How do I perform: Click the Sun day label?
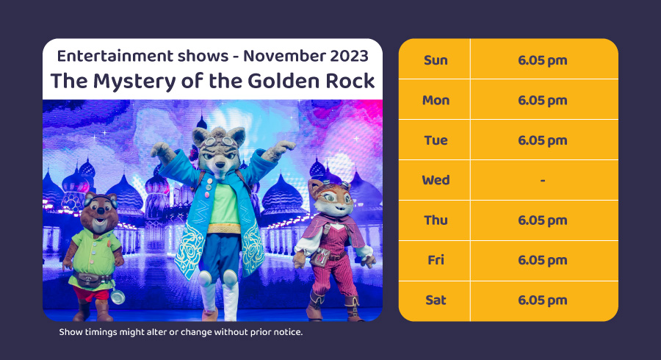(x=436, y=60)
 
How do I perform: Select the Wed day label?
(x=436, y=180)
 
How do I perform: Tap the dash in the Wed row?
(x=543, y=181)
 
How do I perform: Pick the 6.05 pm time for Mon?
(x=543, y=101)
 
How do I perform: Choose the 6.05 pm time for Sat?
(x=543, y=300)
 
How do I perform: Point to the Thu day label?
(x=436, y=220)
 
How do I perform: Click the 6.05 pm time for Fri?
(x=543, y=260)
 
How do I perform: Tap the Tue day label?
(x=436, y=140)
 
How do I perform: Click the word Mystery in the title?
(x=134, y=82)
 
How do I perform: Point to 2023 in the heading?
(x=348, y=56)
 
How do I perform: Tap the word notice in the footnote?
(x=287, y=332)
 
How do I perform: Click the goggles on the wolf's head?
(x=219, y=142)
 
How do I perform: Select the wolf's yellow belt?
(x=224, y=229)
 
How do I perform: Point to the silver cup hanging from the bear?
(x=118, y=297)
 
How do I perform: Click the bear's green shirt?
(x=95, y=253)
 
